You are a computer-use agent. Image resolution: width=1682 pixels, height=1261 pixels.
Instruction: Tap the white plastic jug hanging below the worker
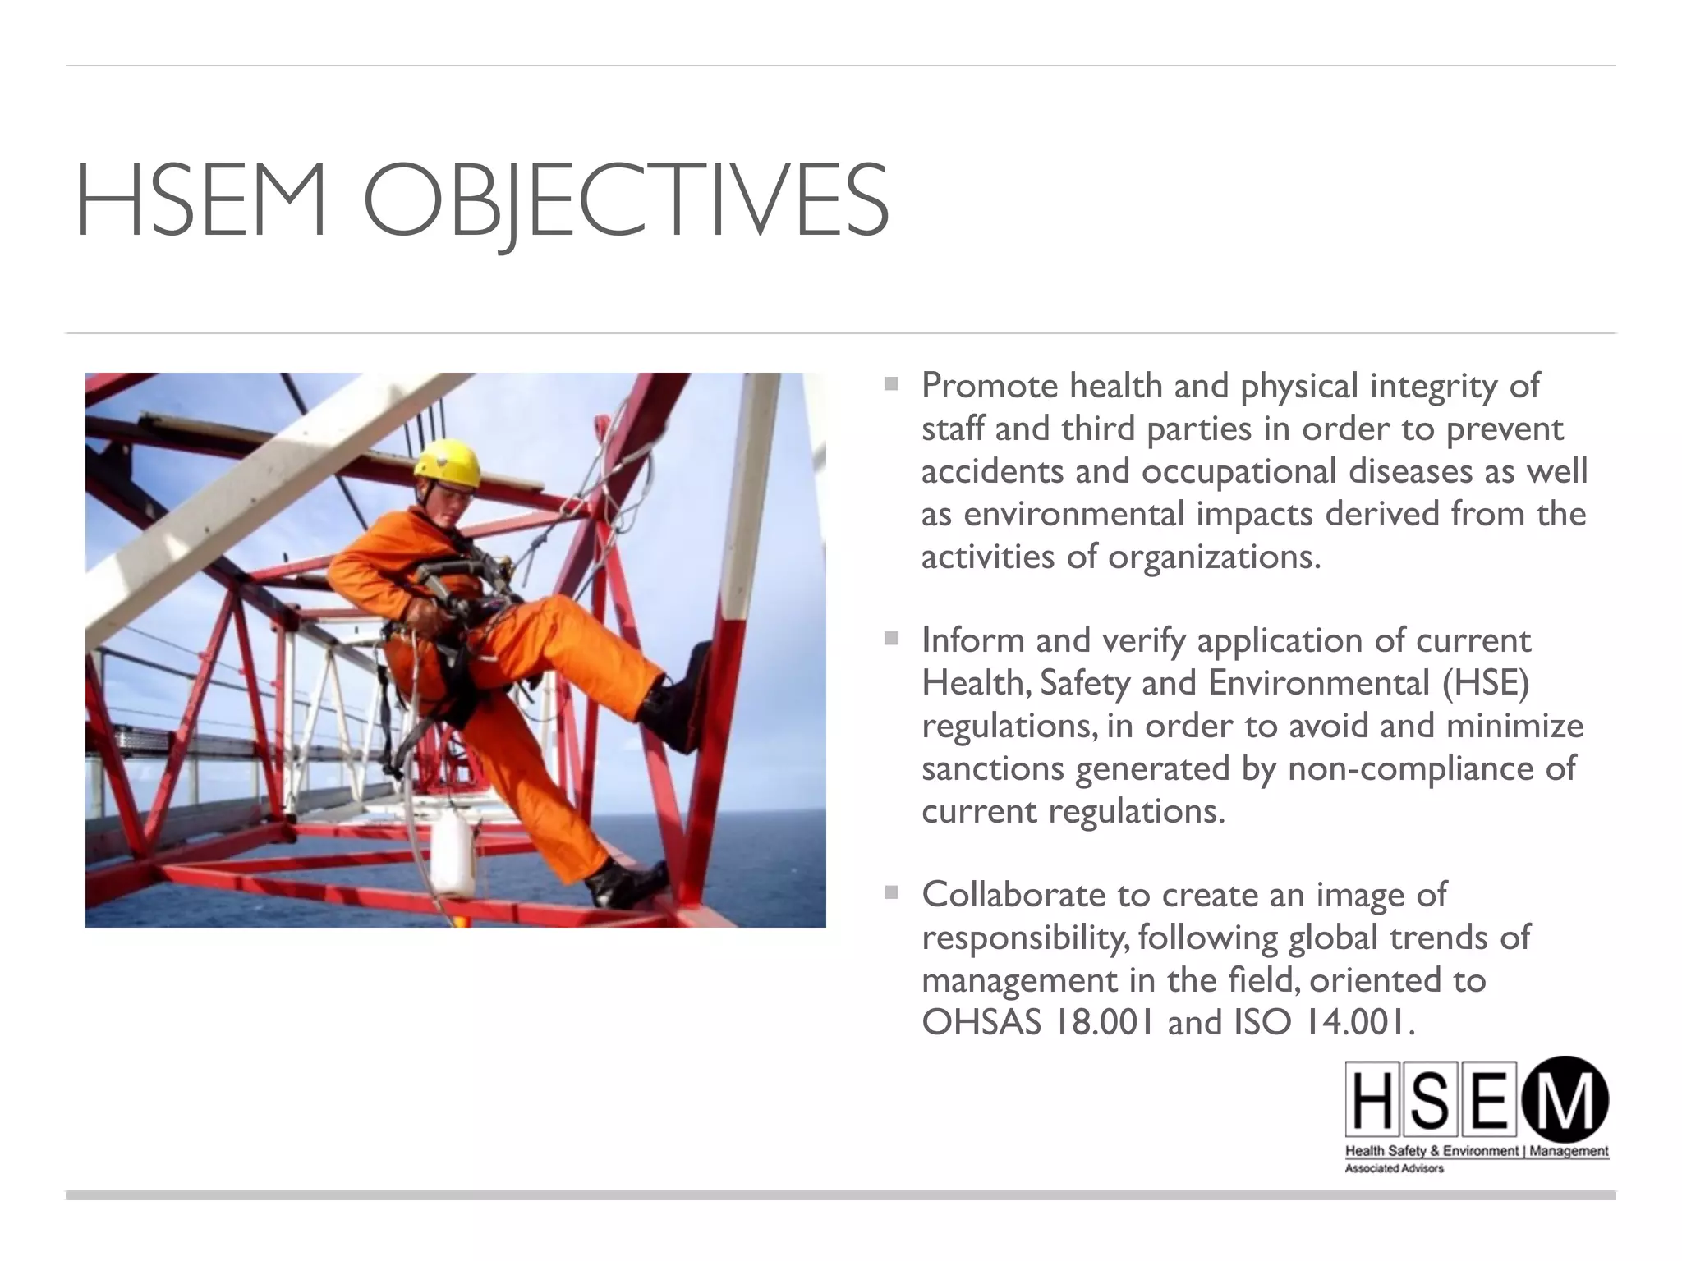(453, 854)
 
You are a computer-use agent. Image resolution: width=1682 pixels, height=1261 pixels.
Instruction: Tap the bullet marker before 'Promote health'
(891, 383)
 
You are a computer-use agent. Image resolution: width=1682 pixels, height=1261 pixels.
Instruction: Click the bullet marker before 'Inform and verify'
(891, 638)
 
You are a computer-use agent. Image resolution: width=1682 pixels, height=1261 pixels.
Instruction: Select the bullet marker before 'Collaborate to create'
(891, 892)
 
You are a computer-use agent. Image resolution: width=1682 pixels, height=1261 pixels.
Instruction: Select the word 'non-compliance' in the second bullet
(1419, 768)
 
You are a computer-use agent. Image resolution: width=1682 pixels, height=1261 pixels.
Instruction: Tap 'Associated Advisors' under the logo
(1394, 1168)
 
